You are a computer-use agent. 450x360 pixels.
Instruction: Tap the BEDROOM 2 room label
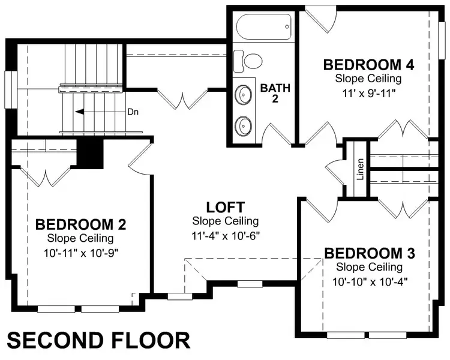[x=81, y=225]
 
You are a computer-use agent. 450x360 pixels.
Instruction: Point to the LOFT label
[x=225, y=208]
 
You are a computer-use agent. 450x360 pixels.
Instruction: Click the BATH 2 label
[x=275, y=93]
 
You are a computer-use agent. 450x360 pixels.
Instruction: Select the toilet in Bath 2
[x=249, y=59]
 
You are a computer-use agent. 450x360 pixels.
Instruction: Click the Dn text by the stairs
[x=133, y=112]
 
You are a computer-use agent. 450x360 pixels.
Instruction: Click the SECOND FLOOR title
[x=99, y=340]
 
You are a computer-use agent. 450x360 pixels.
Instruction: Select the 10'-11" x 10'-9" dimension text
[x=81, y=252]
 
